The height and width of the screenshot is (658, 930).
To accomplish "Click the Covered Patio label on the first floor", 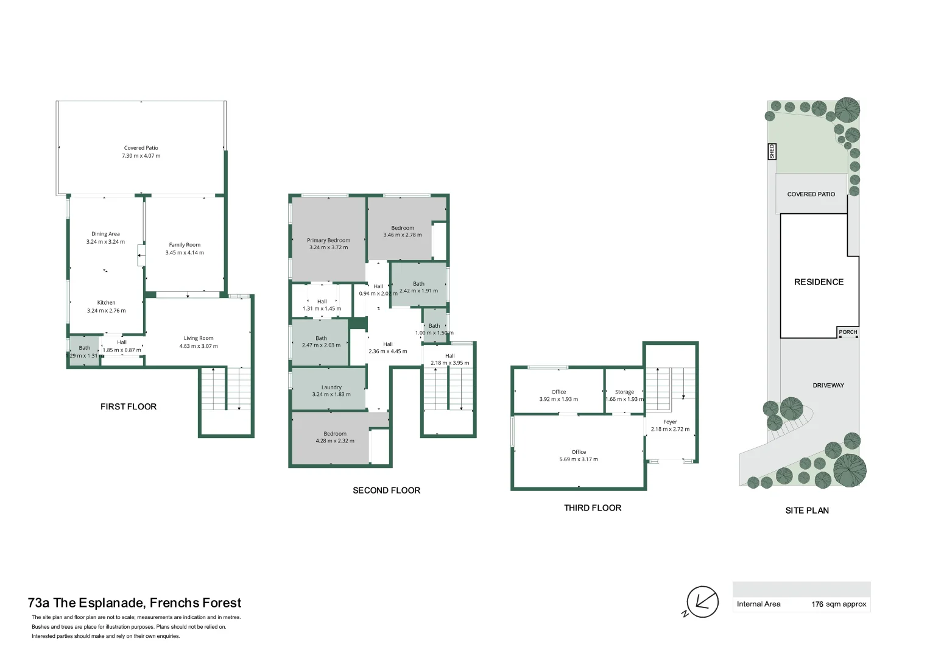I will (141, 148).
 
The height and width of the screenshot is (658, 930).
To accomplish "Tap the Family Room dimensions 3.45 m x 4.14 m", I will (185, 253).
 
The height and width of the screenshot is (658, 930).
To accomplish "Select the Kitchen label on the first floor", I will (106, 303).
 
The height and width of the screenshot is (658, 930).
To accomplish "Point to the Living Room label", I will (199, 338).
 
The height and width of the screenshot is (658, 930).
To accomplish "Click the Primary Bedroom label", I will (328, 241).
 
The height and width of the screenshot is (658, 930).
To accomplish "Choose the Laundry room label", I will (331, 387).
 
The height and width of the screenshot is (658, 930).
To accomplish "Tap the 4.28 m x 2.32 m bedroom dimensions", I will (335, 441).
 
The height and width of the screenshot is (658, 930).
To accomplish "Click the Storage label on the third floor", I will (624, 392).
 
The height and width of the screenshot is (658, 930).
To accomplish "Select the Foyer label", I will (670, 422).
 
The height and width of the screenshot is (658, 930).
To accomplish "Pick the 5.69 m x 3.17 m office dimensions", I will (579, 459).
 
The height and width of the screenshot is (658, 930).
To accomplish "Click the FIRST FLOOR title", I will (129, 406).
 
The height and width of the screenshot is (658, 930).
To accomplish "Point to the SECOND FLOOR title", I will (386, 490).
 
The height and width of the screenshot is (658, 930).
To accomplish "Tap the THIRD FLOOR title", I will (592, 508).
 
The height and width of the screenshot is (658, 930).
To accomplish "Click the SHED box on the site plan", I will (772, 151).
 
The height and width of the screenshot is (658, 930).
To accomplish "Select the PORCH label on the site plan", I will (848, 332).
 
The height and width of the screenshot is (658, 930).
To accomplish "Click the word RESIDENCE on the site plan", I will (819, 282).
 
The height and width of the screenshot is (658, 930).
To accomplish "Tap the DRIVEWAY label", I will (828, 386).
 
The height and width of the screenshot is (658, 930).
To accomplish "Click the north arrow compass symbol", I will (702, 602).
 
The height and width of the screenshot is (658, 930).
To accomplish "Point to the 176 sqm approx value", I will (838, 604).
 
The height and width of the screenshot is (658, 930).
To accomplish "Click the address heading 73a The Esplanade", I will (135, 603).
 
